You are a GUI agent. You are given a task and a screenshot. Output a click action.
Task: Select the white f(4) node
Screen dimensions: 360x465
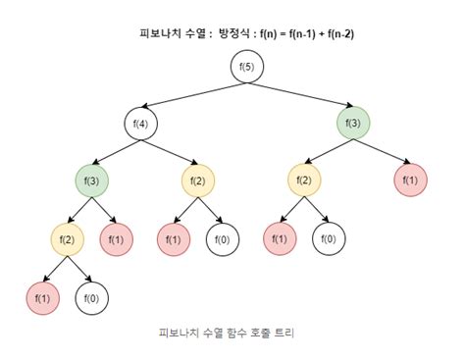140,124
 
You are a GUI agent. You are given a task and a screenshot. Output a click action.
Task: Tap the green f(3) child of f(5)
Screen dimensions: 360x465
352,124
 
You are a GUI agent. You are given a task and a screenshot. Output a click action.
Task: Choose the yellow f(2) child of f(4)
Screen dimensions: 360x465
198,180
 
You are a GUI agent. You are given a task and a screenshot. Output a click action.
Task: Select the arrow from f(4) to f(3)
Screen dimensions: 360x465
115,152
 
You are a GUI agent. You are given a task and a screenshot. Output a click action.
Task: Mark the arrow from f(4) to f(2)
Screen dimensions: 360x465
169,152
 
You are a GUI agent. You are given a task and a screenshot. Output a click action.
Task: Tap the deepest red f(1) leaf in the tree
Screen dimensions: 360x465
42,296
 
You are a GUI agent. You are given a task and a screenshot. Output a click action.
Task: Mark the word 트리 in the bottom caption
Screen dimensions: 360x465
283,333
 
